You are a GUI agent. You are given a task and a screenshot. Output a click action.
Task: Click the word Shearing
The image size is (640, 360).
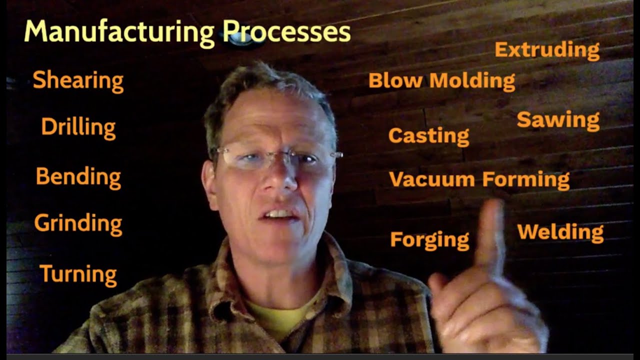[x=78, y=80]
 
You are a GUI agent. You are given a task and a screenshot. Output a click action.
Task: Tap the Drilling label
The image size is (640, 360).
[x=78, y=127]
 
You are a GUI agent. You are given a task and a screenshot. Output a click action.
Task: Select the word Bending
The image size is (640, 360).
[x=78, y=177]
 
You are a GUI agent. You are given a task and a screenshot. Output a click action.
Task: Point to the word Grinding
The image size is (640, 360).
[x=78, y=224]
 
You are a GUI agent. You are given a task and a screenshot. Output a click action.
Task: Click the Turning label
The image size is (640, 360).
[x=78, y=274]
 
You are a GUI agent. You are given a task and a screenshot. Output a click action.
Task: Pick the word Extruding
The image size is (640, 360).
[x=547, y=50]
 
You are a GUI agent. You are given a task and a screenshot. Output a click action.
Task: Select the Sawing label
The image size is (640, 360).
[x=558, y=120]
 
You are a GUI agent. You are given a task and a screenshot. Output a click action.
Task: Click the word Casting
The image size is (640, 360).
[x=428, y=135]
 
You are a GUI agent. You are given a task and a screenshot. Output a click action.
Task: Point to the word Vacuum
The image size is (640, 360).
[x=431, y=179]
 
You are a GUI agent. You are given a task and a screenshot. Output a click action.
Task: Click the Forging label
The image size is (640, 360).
[x=429, y=240]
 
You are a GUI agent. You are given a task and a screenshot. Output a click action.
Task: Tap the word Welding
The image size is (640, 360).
[x=560, y=232]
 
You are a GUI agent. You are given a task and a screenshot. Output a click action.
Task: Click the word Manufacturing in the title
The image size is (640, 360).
[x=119, y=32]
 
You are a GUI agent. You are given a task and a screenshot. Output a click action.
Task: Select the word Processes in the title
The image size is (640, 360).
[x=286, y=32]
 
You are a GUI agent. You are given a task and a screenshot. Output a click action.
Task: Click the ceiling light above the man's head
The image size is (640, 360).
[x=241, y=40]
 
